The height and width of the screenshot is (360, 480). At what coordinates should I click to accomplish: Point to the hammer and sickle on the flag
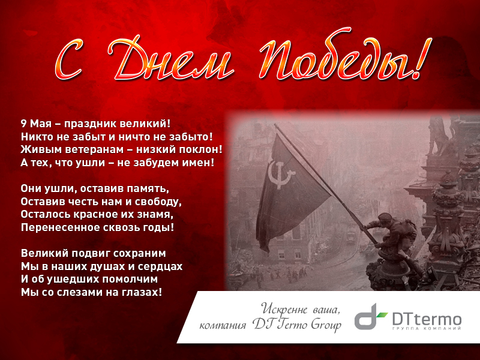click(x=280, y=174)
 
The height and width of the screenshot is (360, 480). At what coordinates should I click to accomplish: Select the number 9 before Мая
click(x=23, y=124)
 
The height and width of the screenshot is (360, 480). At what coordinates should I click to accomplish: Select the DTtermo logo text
click(x=427, y=320)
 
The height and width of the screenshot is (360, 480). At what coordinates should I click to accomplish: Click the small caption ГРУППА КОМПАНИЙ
click(x=427, y=328)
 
